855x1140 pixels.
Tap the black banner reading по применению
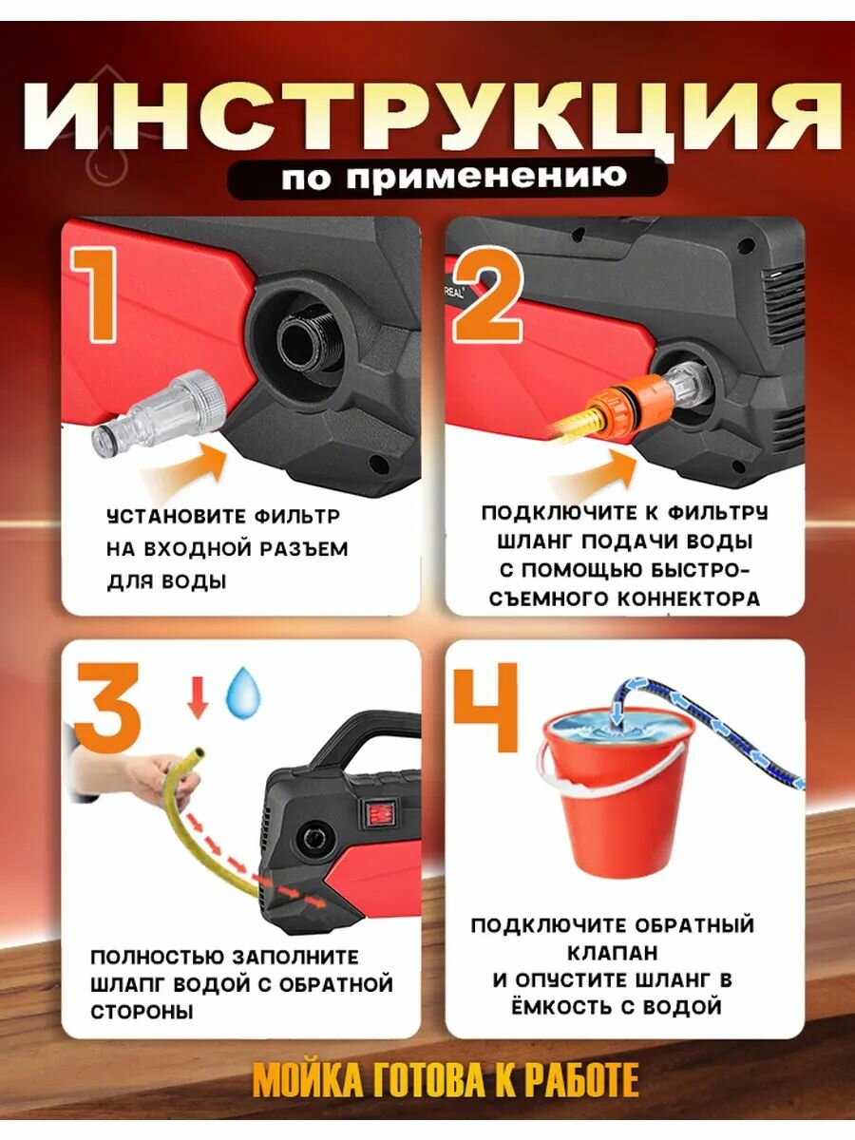447,179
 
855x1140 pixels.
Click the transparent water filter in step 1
160,413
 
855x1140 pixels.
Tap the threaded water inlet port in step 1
303,341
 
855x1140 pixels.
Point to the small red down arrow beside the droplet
198,697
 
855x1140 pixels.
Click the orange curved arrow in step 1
184,464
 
